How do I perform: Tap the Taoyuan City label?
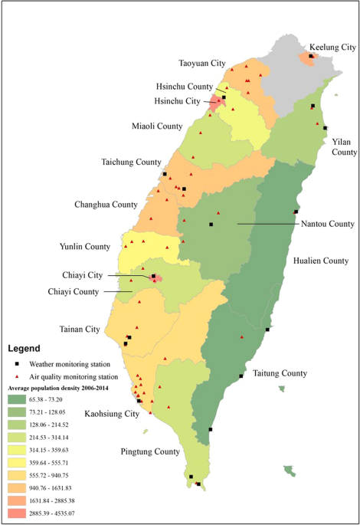[x=202, y=63]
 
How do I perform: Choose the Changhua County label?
[x=106, y=205]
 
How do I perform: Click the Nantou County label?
[x=326, y=224]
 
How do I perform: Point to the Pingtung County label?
[x=151, y=451]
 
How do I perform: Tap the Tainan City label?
[x=80, y=330]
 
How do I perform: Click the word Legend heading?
[x=28, y=348]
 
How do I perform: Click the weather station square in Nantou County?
[x=211, y=225]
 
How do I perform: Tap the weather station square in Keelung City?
[x=311, y=56]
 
